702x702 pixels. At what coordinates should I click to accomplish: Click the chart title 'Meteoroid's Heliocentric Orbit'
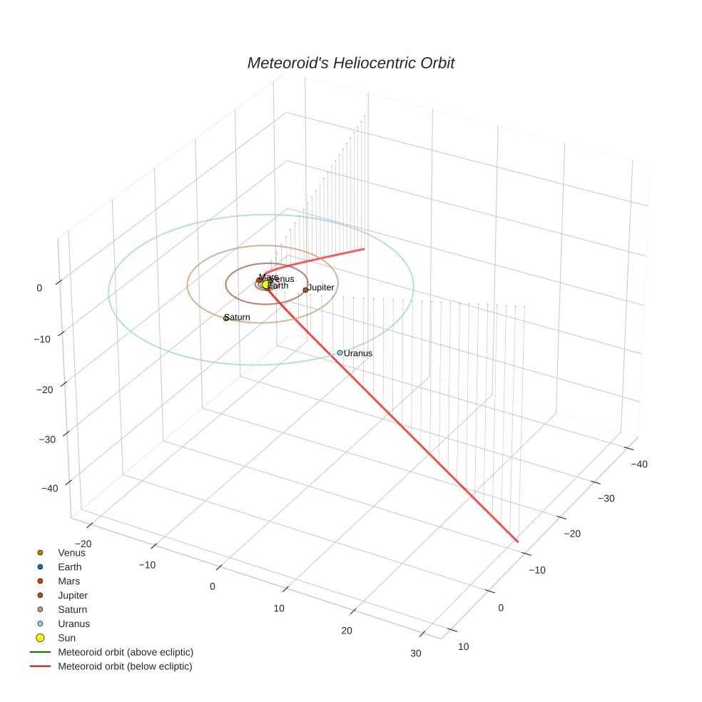pyautogui.click(x=350, y=63)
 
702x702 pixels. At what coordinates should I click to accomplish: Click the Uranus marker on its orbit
pyautogui.click(x=340, y=352)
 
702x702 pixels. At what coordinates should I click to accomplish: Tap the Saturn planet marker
pyautogui.click(x=226, y=318)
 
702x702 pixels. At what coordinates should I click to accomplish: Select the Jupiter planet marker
pyautogui.click(x=305, y=290)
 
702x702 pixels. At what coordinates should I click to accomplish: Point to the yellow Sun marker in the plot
pyautogui.click(x=265, y=285)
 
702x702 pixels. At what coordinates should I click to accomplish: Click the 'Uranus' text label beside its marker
pyautogui.click(x=358, y=353)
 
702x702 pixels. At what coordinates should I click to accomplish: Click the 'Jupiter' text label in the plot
pyautogui.click(x=321, y=288)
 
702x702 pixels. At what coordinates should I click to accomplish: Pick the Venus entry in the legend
pyautogui.click(x=71, y=553)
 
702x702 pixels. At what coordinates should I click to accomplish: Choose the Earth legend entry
pyautogui.click(x=69, y=567)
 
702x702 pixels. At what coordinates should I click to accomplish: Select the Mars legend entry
pyautogui.click(x=68, y=581)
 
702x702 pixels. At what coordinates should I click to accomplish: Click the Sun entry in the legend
pyautogui.click(x=66, y=638)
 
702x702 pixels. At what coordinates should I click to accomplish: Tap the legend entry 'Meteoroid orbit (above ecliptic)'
pyautogui.click(x=126, y=652)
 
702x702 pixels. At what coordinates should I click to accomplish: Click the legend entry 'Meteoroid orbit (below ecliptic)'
pyautogui.click(x=125, y=666)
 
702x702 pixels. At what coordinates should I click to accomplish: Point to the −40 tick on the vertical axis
pyautogui.click(x=50, y=489)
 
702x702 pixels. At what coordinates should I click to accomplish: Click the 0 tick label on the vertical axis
pyautogui.click(x=39, y=288)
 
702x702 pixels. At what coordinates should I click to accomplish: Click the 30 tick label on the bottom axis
pyautogui.click(x=416, y=653)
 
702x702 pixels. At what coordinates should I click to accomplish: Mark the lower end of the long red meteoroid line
pyautogui.click(x=517, y=542)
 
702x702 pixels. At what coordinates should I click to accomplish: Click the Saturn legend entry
pyautogui.click(x=72, y=610)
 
